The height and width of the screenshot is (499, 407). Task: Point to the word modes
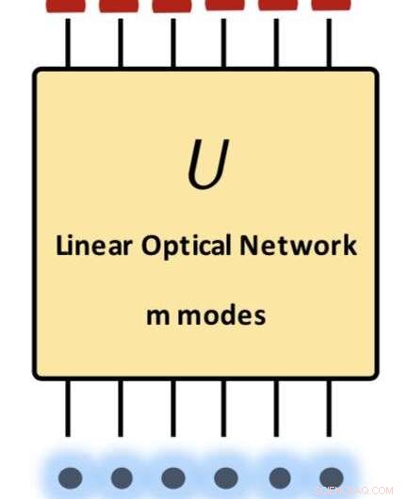tap(220, 315)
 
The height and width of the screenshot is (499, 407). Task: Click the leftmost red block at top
tap(67, 6)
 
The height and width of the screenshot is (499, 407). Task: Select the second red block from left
tap(120, 6)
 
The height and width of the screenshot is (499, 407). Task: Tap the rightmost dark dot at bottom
tap(332, 476)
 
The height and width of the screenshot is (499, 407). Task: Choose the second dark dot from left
tap(122, 476)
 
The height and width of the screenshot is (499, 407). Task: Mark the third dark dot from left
tap(173, 476)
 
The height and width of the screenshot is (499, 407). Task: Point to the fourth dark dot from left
tap(226, 476)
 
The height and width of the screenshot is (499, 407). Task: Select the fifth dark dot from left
tap(279, 476)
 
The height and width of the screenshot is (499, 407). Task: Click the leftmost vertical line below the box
tap(69, 409)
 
